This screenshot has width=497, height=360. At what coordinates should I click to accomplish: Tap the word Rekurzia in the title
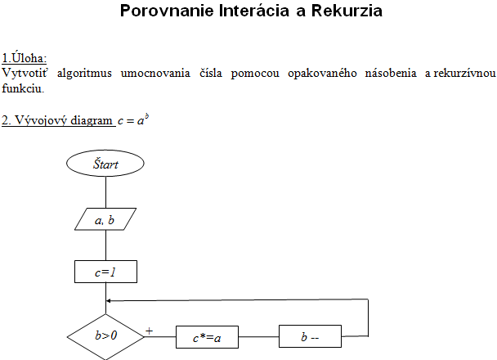pos(347,11)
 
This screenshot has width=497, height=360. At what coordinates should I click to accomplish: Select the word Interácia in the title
pos(254,11)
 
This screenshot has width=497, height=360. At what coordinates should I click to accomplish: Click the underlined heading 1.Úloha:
pos(24,58)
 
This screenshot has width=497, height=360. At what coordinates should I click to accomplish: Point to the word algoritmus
pos(84,73)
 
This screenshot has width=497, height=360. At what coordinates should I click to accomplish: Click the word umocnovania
pos(155,74)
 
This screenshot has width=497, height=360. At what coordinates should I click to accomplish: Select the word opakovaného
pos(322,74)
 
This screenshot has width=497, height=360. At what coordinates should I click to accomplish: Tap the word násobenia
pos(391,73)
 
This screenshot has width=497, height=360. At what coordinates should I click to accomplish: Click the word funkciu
pos(23,88)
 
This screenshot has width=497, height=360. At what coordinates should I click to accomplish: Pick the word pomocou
pos(255,74)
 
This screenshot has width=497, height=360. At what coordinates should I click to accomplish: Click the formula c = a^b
pos(133,120)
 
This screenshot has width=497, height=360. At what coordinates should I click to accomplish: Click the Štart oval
pos(105,164)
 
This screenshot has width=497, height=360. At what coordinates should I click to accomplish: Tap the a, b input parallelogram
pos(105,219)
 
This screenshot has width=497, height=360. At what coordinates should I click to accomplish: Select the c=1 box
pos(106,272)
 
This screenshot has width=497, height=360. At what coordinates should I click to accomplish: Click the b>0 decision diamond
pos(105,336)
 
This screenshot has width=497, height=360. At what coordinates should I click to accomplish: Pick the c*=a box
pos(208,337)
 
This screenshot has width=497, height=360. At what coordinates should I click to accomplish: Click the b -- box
pos(310,336)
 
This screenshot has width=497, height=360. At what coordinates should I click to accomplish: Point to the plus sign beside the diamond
pos(149,331)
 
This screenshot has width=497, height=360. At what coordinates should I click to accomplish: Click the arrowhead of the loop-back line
pos(108,301)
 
